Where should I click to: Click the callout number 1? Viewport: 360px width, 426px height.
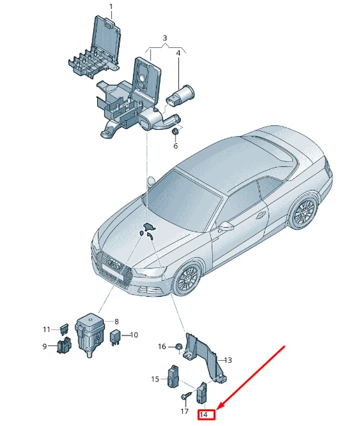click(x=111, y=6)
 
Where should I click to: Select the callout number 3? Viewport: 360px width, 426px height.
click(x=164, y=38)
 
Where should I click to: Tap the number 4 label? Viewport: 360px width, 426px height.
click(x=178, y=53)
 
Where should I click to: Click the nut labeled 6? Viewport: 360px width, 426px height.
click(x=175, y=131)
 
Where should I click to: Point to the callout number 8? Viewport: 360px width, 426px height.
click(x=116, y=321)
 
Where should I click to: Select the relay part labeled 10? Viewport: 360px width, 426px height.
click(x=114, y=337)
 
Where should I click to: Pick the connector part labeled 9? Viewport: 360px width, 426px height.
click(x=64, y=346)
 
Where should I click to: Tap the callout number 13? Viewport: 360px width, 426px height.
click(x=228, y=360)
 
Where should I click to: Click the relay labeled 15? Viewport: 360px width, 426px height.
click(x=174, y=376)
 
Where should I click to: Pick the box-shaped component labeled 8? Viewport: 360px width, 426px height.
click(x=89, y=334)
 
